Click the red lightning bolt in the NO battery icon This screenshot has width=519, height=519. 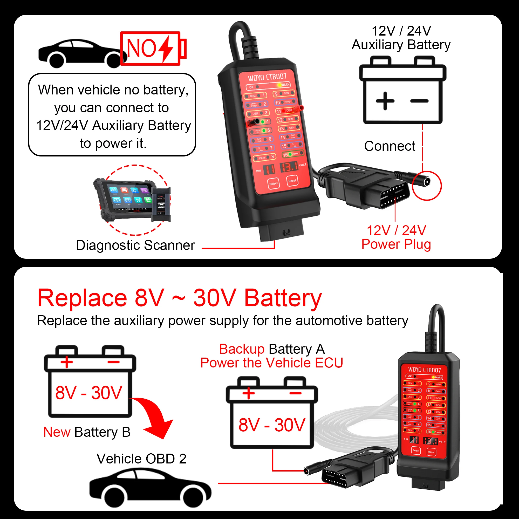point(166,48)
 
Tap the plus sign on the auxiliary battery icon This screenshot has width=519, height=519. point(385,101)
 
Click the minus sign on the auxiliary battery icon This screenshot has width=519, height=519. point(419,101)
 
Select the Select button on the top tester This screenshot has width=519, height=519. point(274,183)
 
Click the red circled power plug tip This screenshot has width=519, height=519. point(426,182)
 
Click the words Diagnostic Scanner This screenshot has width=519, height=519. point(135,245)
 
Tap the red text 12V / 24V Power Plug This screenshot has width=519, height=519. point(396,237)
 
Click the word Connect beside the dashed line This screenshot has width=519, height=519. point(390,146)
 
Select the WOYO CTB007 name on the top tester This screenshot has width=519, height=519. point(267,77)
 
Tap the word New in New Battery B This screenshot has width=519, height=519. point(57,432)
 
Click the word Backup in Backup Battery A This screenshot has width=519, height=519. point(242,349)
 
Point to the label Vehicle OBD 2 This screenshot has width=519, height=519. point(142,459)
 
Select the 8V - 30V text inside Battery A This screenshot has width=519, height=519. point(272,425)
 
